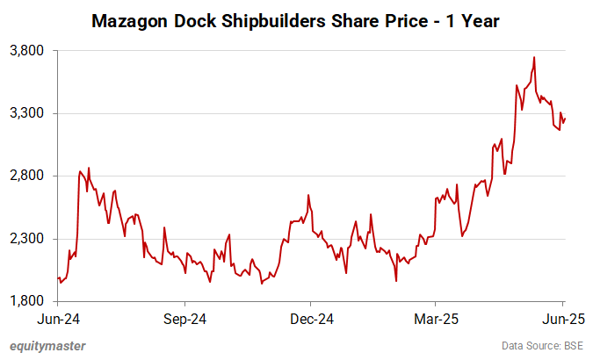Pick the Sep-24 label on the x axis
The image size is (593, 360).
coord(184,317)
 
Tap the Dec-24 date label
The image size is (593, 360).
coord(311,317)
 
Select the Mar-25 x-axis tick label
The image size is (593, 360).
coord(437,317)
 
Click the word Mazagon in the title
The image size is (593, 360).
coord(131,19)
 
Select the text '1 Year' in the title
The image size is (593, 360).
coord(473,19)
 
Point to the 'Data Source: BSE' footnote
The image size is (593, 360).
coord(542,345)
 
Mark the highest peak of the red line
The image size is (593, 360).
coord(534,57)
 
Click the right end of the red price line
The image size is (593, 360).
coord(565,119)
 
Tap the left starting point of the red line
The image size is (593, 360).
coord(58,278)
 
